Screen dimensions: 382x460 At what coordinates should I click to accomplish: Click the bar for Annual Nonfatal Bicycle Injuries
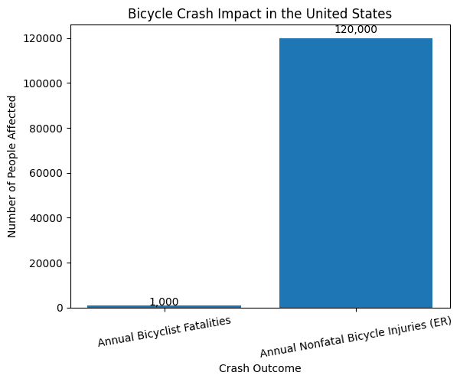(355, 172)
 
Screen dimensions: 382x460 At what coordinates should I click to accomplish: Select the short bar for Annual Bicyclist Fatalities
(164, 306)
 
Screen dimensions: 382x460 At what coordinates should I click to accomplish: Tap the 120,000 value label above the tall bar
(355, 30)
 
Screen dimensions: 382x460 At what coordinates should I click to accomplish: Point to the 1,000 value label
(164, 302)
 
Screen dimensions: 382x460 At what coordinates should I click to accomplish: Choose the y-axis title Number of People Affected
(12, 166)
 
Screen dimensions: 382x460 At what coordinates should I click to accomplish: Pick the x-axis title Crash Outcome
(259, 368)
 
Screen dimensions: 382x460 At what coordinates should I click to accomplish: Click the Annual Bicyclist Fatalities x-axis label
(164, 331)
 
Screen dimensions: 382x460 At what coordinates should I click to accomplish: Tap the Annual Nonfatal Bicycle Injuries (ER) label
(355, 337)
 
